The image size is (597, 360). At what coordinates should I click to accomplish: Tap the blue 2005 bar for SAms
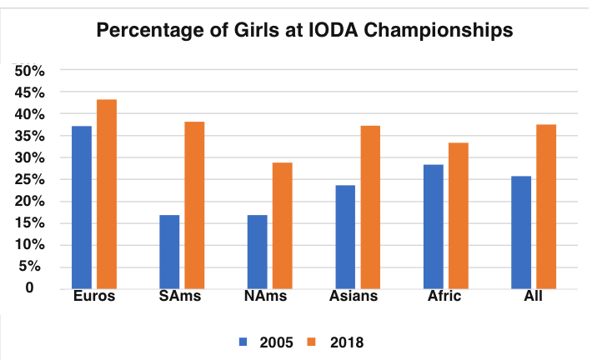[169, 251]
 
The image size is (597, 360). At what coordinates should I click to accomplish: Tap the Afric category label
[444, 297]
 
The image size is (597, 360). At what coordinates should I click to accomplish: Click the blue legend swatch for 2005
[243, 341]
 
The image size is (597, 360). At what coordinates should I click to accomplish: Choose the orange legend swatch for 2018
[312, 341]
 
